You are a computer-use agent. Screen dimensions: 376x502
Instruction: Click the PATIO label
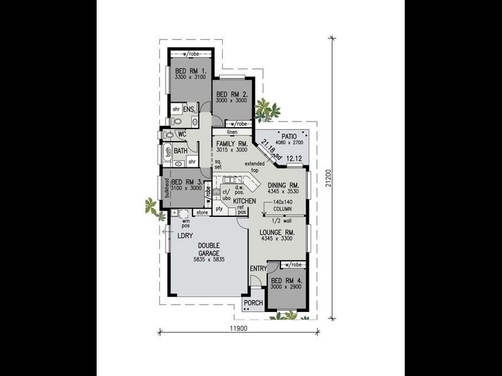(289, 135)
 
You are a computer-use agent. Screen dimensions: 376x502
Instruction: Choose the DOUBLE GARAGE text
(209, 249)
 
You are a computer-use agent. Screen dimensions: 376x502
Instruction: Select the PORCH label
(254, 303)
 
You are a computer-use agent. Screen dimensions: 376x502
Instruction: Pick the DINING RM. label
(285, 185)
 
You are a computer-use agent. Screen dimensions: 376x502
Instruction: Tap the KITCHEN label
(245, 201)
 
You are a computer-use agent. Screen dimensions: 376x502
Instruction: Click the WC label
(181, 134)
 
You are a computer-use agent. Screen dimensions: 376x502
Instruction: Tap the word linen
(232, 132)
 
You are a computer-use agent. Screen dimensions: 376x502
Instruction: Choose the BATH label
(181, 150)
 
